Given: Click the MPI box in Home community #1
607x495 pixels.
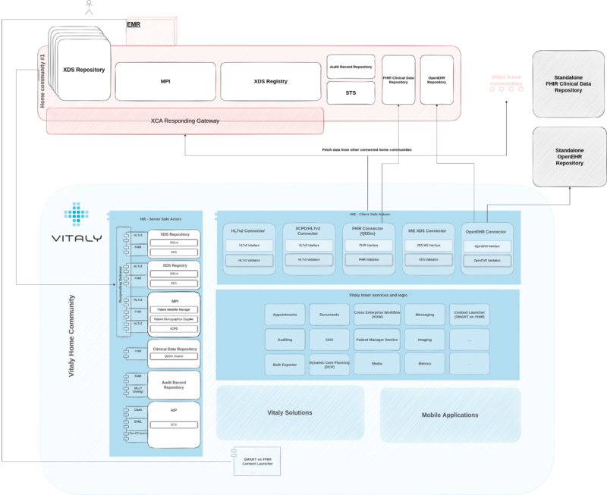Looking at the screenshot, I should coord(165,81).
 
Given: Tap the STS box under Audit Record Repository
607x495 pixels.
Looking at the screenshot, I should coord(350,93).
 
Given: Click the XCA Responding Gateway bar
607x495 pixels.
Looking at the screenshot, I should coord(185,121).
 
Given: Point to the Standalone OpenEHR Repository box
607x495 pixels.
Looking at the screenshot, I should coord(569,158).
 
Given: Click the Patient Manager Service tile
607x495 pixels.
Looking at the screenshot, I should coord(376,339).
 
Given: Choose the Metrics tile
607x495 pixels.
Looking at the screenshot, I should coord(424,364).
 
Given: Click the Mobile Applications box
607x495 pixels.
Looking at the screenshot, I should coord(450,415).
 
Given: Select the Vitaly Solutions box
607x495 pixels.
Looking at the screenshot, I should coord(291,412).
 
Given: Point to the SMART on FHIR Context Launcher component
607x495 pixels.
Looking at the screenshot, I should coord(256,463).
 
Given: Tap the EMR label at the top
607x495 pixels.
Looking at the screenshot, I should coord(134,25).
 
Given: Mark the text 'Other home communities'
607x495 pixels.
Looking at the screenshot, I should coord(507,80).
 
